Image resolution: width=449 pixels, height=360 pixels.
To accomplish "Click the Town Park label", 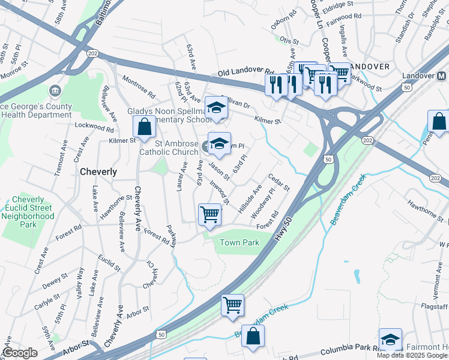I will pyautogui.click(x=239, y=242).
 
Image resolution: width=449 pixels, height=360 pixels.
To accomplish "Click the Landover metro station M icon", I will pyautogui.click(x=441, y=76).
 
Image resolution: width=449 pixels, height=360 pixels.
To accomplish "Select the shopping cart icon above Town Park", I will pyautogui.click(x=209, y=214).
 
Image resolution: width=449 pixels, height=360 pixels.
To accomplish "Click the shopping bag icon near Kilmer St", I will pyautogui.click(x=144, y=127).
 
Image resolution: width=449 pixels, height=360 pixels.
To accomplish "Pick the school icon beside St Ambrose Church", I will pyautogui.click(x=220, y=143).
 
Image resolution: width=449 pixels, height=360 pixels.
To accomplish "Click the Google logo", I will pyautogui.click(x=20, y=353).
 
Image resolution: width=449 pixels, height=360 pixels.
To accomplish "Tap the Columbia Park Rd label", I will pyautogui.click(x=348, y=350).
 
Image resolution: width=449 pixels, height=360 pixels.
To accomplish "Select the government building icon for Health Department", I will pyautogui.click(x=55, y=91).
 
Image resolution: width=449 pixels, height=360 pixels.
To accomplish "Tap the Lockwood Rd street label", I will pyautogui.click(x=94, y=127).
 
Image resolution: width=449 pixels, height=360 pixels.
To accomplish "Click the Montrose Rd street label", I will pyautogui.click(x=139, y=87).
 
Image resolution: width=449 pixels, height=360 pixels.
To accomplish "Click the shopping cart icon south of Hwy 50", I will pyautogui.click(x=232, y=304).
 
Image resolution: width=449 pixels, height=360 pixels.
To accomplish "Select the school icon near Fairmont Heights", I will pyautogui.click(x=390, y=339).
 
